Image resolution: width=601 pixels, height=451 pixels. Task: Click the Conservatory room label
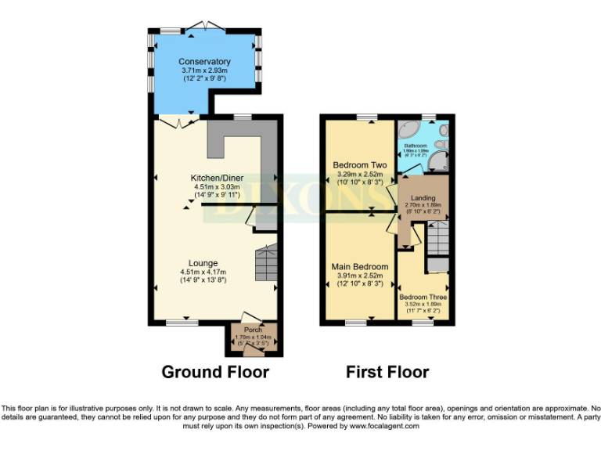coord(204,62)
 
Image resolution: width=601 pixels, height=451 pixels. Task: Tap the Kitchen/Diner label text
coord(215,178)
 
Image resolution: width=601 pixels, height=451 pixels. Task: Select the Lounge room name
coord(203,263)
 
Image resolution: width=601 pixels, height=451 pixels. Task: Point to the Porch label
coord(253,330)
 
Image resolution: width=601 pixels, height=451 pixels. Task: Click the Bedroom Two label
coord(360,165)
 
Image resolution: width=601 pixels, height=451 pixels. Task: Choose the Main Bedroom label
coord(359,267)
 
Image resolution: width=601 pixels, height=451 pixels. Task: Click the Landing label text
coord(423,199)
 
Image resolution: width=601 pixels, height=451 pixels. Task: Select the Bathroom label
coord(415,146)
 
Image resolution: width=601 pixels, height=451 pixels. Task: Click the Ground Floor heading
coord(215,372)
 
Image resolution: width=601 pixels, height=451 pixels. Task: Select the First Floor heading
coord(387,372)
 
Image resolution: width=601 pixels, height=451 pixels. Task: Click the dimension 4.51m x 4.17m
coord(203,272)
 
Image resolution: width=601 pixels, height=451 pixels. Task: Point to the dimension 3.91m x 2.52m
coord(359,276)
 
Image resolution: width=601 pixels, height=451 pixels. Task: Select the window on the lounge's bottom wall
coord(182,322)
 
